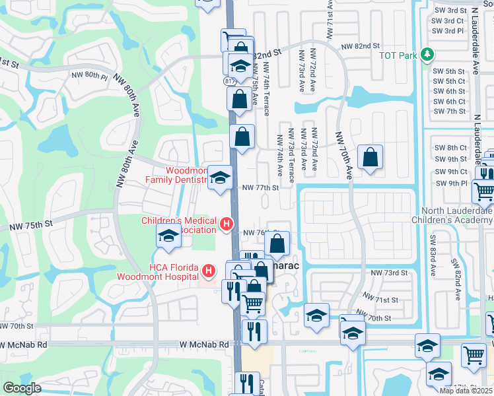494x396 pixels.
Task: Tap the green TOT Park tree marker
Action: click(428, 54)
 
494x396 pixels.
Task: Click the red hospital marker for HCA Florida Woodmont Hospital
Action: click(209, 271)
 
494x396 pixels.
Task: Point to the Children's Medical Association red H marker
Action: click(227, 225)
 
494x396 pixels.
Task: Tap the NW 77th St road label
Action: click(261, 187)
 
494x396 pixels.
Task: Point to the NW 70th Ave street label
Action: click(343, 155)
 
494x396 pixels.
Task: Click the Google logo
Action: click(22, 388)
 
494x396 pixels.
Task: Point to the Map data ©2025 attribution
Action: click(466, 391)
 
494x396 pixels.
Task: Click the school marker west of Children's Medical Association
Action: click(168, 236)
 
